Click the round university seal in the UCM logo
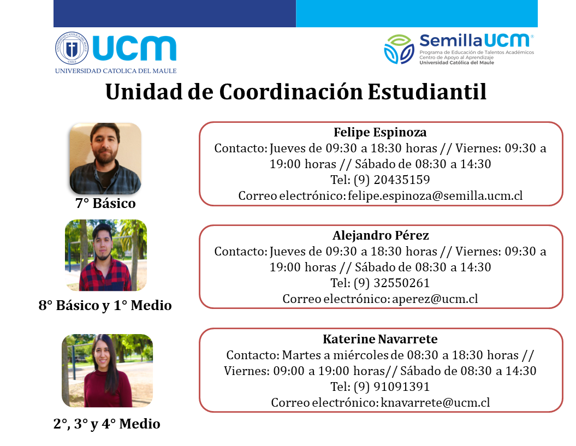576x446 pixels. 72,48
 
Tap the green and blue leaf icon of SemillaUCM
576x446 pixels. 399,49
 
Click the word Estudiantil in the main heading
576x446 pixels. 427,92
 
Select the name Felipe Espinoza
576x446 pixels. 380,132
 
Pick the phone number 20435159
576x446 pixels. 401,180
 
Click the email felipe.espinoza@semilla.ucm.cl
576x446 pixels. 435,195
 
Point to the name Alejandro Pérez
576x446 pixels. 381,235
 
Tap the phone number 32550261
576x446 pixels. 401,283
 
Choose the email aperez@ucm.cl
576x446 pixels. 435,299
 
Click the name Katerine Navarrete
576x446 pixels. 380,339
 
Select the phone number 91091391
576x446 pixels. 401,386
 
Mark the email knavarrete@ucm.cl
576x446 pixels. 435,403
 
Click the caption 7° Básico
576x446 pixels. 105,203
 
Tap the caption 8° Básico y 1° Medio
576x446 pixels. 105,305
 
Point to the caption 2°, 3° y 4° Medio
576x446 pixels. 106,424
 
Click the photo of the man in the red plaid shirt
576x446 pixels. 106,255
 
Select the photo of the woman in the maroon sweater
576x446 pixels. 107,370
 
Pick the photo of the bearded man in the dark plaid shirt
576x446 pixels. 105,158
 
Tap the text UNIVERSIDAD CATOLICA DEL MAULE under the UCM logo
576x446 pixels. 116,71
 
